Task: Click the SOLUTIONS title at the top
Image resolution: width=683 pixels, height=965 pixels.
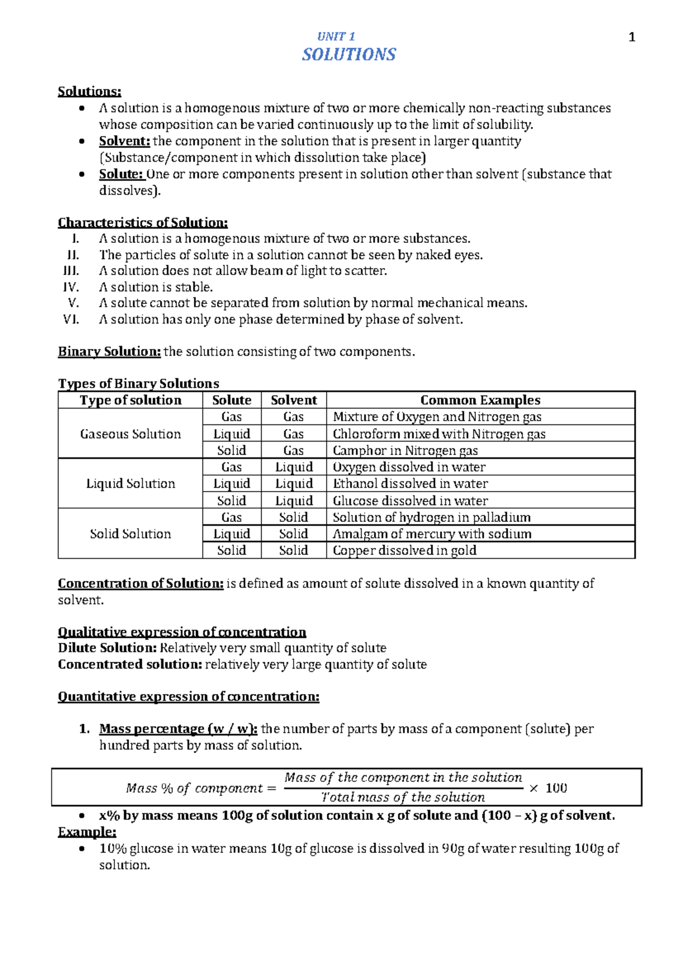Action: [348, 55]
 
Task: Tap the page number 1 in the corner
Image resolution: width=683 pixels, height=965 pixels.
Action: [631, 38]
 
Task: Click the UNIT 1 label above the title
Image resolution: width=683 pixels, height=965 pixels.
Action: [336, 36]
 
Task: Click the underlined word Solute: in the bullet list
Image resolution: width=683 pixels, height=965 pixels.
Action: [121, 174]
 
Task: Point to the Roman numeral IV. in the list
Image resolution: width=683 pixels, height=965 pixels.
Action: [71, 287]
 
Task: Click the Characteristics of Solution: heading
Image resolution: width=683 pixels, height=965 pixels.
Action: [142, 222]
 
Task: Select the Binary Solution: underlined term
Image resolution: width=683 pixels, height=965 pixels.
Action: [109, 352]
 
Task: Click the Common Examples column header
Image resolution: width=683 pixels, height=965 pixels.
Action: [480, 400]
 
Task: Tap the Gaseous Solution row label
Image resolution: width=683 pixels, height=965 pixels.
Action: [130, 434]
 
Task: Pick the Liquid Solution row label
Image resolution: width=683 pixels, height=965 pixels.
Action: [130, 484]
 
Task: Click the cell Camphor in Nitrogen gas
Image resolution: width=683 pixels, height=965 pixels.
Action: [405, 451]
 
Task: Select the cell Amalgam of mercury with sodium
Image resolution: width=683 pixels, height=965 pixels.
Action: [431, 534]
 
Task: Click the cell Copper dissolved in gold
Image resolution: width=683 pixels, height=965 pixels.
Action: [404, 550]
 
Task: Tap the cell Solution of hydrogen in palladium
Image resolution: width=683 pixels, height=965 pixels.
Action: [431, 517]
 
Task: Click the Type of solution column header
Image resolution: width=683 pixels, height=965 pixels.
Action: [130, 400]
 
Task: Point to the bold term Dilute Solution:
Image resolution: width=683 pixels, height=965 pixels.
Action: [107, 648]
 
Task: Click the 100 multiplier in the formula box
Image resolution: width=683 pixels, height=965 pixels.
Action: [556, 788]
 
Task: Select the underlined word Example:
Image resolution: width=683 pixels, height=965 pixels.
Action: [87, 832]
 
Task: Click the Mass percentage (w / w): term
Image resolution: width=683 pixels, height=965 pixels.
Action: [178, 729]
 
